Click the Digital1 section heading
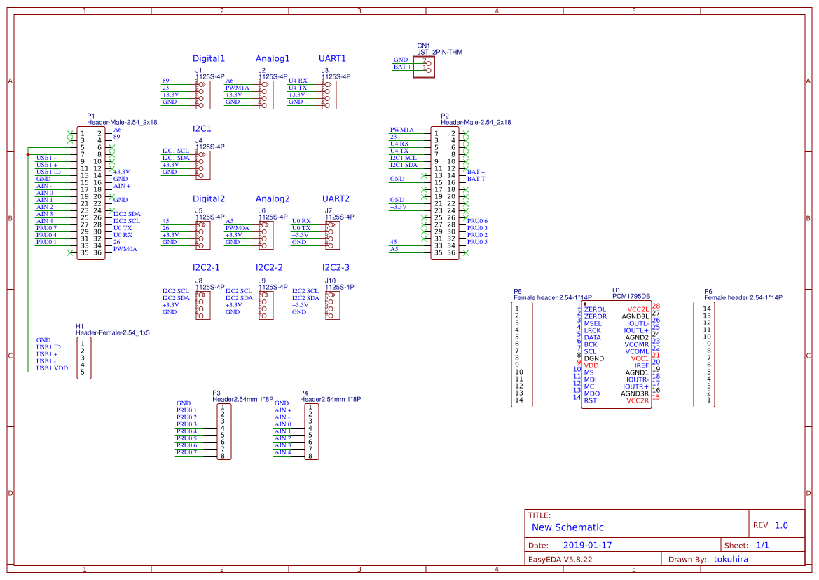click(209, 59)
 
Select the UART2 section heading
click(336, 199)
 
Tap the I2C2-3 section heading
click(336, 268)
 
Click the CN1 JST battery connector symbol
click(423, 67)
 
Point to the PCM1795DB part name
click(631, 297)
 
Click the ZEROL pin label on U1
click(595, 309)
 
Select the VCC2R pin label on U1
click(638, 400)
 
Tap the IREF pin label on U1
click(641, 365)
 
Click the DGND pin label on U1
click(593, 358)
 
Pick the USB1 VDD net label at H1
click(52, 368)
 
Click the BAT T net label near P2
click(476, 179)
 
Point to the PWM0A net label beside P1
click(125, 249)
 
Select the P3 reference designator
click(216, 393)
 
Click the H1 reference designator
click(80, 327)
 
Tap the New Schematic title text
click(567, 527)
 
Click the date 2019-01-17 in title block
click(587, 545)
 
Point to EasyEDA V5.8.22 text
click(560, 559)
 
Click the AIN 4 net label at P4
click(282, 452)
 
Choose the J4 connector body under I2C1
click(202, 161)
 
